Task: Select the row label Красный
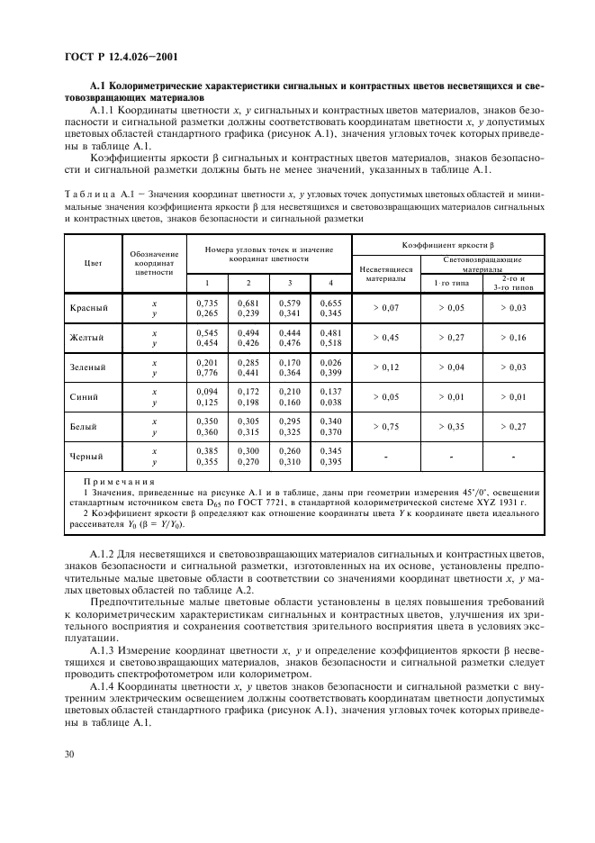pos(89,308)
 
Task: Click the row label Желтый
pos(89,338)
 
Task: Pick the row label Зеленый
pos(89,367)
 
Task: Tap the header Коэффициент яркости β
pos(447,245)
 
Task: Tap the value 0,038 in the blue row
pos(330,403)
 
